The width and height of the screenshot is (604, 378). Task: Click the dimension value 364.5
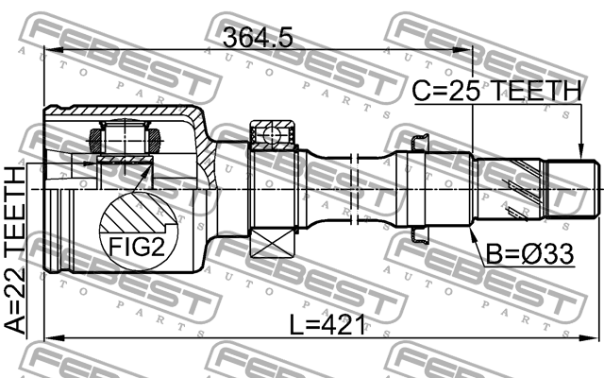(x=257, y=38)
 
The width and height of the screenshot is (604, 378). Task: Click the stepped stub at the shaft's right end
(x=576, y=190)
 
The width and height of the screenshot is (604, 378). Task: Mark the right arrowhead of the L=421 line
(x=595, y=337)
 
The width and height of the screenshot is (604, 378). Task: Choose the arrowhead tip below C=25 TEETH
(x=576, y=151)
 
